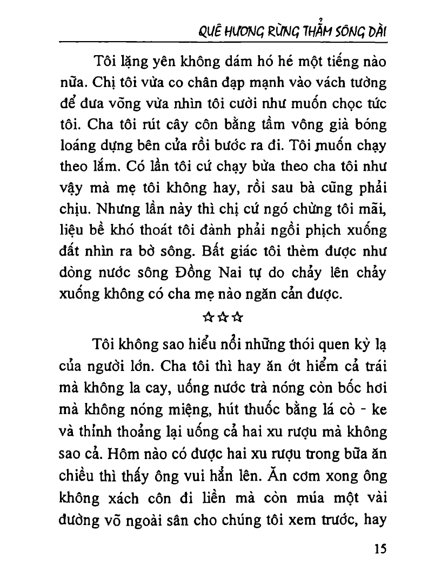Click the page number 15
point(380,549)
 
